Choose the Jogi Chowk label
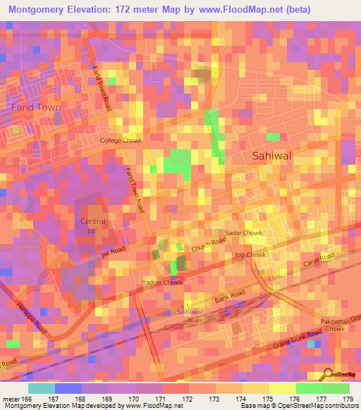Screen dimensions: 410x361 point(250,254)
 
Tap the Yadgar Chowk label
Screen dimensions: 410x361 point(163,282)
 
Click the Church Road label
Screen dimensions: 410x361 point(209,245)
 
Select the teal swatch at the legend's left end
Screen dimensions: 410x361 point(42,388)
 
